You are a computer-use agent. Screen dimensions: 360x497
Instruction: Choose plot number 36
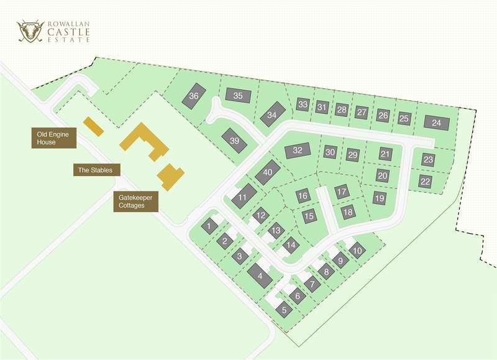pyautogui.click(x=194, y=96)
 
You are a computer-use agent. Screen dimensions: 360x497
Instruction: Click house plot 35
pyautogui.click(x=238, y=96)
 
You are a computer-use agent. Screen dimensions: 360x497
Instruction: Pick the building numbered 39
pyautogui.click(x=234, y=141)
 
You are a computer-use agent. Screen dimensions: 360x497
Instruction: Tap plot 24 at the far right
pyautogui.click(x=437, y=122)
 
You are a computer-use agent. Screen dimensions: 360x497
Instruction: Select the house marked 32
pyautogui.click(x=298, y=150)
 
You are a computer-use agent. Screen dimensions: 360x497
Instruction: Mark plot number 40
pyautogui.click(x=268, y=172)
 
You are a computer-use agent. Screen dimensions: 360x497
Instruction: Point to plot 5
pyautogui.click(x=285, y=309)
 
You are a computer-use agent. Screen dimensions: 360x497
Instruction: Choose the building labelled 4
pyautogui.click(x=260, y=275)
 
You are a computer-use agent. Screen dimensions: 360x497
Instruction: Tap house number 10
pyautogui.click(x=356, y=251)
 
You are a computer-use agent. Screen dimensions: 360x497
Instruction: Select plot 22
pyautogui.click(x=425, y=182)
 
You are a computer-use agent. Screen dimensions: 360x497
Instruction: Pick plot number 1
pyautogui.click(x=211, y=226)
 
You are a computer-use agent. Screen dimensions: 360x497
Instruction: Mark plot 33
pyautogui.click(x=303, y=104)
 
